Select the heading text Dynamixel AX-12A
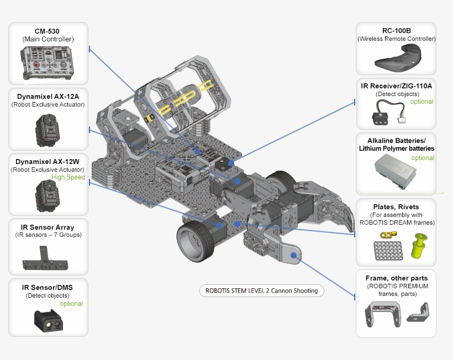[48, 96]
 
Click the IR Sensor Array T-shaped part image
[46, 261]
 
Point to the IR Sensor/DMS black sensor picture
[48, 320]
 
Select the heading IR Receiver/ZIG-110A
[396, 86]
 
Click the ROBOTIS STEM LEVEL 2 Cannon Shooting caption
[261, 290]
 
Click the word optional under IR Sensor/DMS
[71, 304]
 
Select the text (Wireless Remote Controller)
[396, 39]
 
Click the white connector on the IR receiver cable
[414, 118]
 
